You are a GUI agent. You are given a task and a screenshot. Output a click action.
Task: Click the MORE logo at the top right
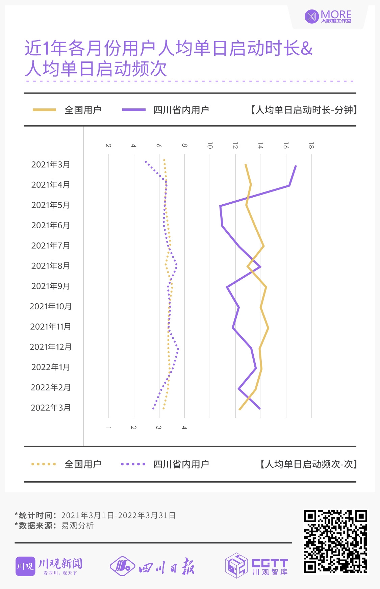[328, 16]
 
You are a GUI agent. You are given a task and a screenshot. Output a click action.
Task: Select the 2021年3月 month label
[51, 164]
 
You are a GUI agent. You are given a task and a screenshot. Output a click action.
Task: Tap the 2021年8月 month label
[51, 266]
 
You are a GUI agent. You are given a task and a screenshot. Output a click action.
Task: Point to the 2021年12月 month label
[51, 347]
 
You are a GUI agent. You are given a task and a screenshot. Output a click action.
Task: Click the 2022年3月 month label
[51, 408]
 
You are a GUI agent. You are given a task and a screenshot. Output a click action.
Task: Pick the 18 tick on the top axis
[311, 146]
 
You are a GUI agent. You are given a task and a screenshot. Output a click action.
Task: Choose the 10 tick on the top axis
[210, 146]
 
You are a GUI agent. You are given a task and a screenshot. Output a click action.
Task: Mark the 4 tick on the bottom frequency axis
[184, 428]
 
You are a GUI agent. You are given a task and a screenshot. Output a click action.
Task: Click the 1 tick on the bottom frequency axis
[108, 428]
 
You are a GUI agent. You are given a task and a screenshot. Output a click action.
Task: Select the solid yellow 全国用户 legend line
[44, 110]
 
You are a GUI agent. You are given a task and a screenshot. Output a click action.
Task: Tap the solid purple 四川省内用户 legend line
[134, 110]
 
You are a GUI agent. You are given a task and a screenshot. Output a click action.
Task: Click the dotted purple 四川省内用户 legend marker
[133, 464]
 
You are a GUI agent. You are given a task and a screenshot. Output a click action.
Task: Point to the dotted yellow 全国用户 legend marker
[44, 464]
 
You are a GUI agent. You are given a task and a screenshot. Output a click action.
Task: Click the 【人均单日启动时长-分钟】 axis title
[303, 110]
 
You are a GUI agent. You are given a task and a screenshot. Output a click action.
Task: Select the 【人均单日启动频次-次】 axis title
[308, 464]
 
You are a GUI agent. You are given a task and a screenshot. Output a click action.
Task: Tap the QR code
[335, 541]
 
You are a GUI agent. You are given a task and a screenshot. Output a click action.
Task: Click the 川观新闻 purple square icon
[25, 566]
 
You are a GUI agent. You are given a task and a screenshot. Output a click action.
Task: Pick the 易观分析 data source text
[77, 526]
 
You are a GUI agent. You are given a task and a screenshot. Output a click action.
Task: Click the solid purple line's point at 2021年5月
[220, 206]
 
